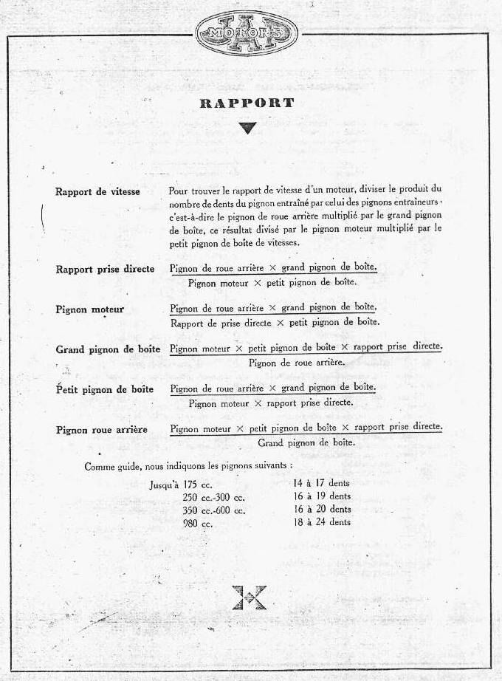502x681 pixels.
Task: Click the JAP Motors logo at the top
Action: point(247,33)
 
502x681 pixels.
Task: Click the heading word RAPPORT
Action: point(247,103)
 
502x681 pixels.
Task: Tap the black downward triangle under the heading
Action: point(247,128)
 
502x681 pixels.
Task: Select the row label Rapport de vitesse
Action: point(97,192)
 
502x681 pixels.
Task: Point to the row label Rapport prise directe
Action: point(105,269)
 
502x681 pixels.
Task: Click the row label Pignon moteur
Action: point(89,309)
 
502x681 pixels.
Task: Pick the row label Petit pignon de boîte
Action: point(105,389)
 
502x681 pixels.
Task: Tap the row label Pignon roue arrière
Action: point(101,430)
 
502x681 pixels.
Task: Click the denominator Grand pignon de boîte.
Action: point(306,443)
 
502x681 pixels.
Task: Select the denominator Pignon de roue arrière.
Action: point(297,363)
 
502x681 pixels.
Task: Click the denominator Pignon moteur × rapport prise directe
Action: point(270,403)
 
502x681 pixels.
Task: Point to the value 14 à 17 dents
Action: point(322,483)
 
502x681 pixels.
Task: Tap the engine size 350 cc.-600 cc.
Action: point(214,510)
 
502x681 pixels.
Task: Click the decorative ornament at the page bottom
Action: point(248,597)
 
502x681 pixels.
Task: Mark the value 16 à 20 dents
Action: point(322,510)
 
